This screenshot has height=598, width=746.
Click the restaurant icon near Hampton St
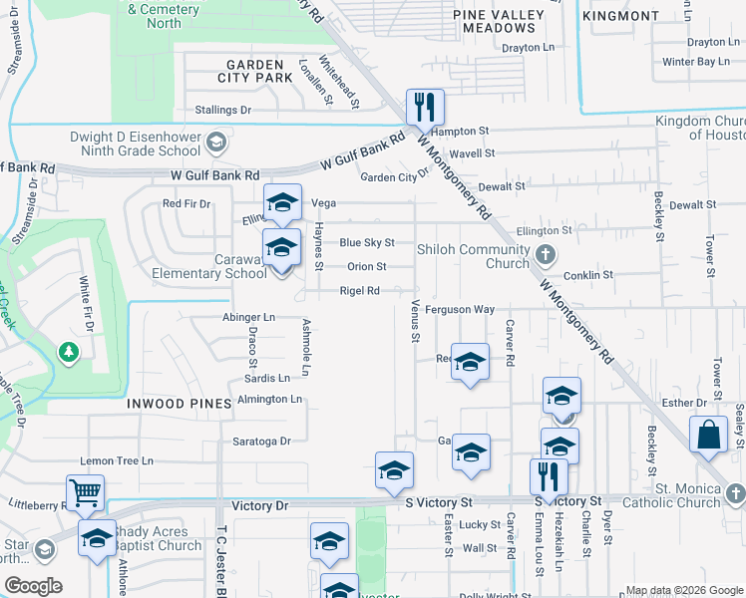[x=425, y=106]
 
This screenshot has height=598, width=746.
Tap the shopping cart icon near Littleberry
[x=85, y=492]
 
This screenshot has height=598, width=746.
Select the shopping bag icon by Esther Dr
[x=707, y=435]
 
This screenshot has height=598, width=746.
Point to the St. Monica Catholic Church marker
[x=735, y=493]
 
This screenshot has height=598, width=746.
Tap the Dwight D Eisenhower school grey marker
[x=214, y=146]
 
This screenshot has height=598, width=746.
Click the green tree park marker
[x=68, y=353]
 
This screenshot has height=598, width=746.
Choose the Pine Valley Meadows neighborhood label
[x=499, y=21]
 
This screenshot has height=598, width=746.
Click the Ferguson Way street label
[x=460, y=310]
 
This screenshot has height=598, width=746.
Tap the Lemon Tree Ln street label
[x=117, y=460]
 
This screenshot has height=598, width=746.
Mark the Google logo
[x=33, y=586]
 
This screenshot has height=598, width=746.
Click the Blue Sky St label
[x=367, y=242]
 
